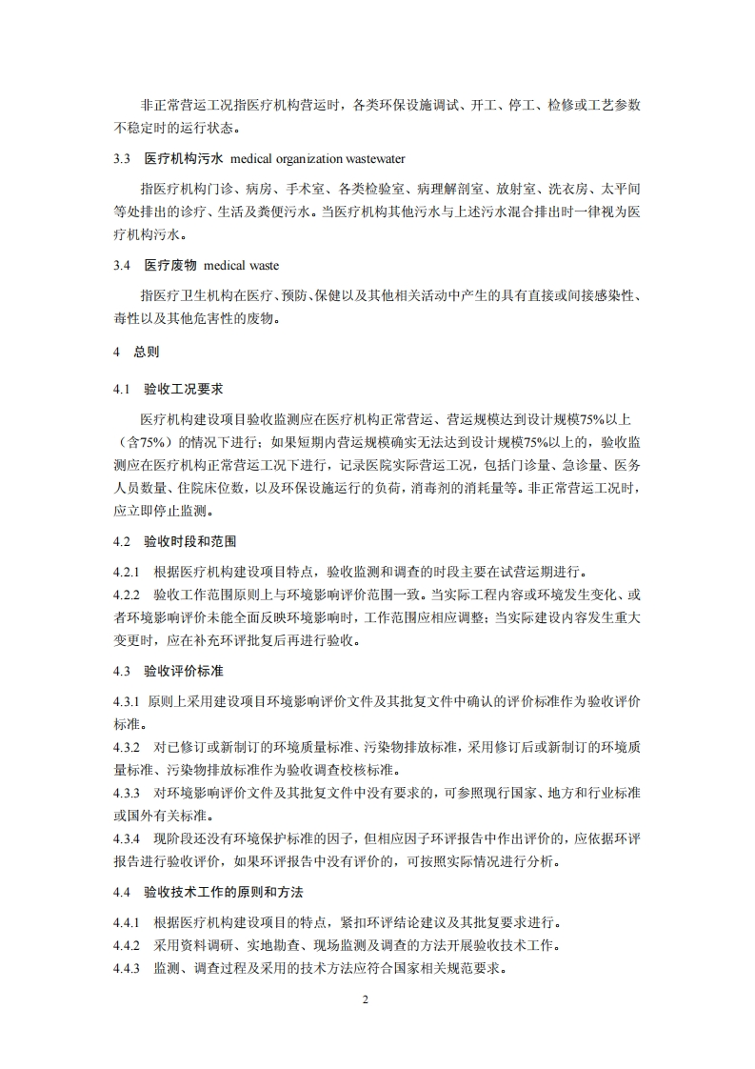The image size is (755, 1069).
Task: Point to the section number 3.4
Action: tap(121, 265)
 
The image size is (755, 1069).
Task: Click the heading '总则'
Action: tap(147, 352)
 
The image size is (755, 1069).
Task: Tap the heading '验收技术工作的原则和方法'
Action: tap(224, 892)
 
